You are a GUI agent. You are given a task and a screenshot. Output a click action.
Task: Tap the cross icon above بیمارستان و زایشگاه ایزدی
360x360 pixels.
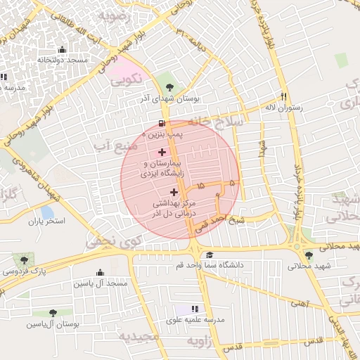[162, 152]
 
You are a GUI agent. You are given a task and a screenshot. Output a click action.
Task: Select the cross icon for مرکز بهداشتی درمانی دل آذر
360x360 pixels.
[174, 191]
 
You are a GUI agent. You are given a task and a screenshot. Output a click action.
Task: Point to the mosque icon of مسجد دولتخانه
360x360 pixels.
[63, 49]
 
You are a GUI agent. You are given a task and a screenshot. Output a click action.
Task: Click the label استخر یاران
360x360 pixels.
[46, 221]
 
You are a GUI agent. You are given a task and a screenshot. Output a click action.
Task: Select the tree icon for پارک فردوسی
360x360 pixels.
[25, 260]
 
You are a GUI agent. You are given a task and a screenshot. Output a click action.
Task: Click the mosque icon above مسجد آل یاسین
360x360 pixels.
[100, 273]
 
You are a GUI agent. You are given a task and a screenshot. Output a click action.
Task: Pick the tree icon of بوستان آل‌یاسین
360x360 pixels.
[53, 313]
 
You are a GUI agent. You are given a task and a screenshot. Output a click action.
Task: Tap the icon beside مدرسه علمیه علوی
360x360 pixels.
[195, 309]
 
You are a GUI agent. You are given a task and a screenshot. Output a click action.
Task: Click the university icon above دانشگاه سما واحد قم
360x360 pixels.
[210, 255]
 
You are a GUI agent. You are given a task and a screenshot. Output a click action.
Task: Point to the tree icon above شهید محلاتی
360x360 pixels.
[309, 256]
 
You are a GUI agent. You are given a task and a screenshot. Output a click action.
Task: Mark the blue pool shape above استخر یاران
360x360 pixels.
[46, 210]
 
